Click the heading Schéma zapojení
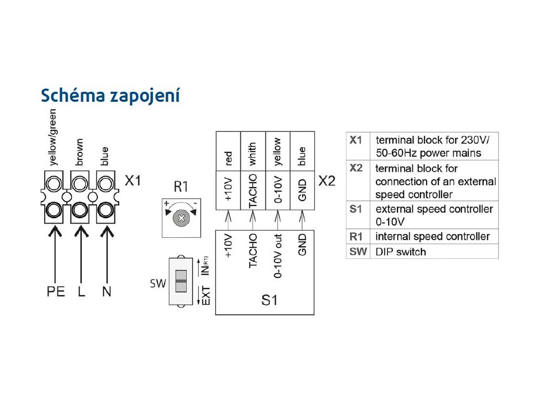click(x=110, y=96)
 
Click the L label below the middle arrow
click(x=81, y=291)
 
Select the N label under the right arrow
click(x=107, y=291)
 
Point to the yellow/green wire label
click(x=53, y=137)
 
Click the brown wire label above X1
click(x=80, y=153)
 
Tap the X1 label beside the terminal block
click(x=133, y=181)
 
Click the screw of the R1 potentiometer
click(x=181, y=217)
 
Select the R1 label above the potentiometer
click(x=181, y=187)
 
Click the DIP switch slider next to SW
click(x=180, y=281)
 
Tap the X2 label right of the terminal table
click(x=327, y=181)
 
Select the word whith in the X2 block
click(x=253, y=155)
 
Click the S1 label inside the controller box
click(x=269, y=301)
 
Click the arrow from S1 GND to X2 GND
click(x=302, y=217)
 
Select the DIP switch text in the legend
click(x=400, y=252)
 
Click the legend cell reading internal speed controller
click(x=432, y=236)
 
